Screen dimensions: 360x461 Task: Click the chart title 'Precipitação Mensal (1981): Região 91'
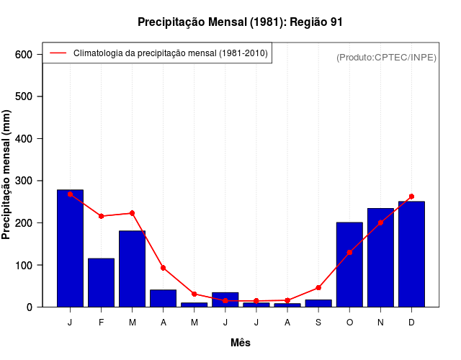(x=240, y=22)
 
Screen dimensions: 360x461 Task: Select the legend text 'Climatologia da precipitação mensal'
(x=171, y=53)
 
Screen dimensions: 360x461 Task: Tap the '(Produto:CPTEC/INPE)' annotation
(x=386, y=57)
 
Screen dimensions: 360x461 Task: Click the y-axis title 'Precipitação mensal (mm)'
(x=7, y=174)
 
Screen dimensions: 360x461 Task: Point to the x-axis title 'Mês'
(x=240, y=343)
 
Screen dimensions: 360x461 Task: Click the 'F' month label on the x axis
(x=102, y=323)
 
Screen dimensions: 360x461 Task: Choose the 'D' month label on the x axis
(x=411, y=323)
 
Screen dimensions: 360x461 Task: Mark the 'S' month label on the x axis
(x=318, y=323)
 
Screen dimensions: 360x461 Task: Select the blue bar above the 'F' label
(x=102, y=282)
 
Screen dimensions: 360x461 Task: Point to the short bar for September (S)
(x=318, y=303)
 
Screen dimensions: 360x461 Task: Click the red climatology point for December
(x=411, y=196)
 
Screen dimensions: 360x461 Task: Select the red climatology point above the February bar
(x=102, y=216)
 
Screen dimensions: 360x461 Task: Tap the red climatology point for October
(x=349, y=252)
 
